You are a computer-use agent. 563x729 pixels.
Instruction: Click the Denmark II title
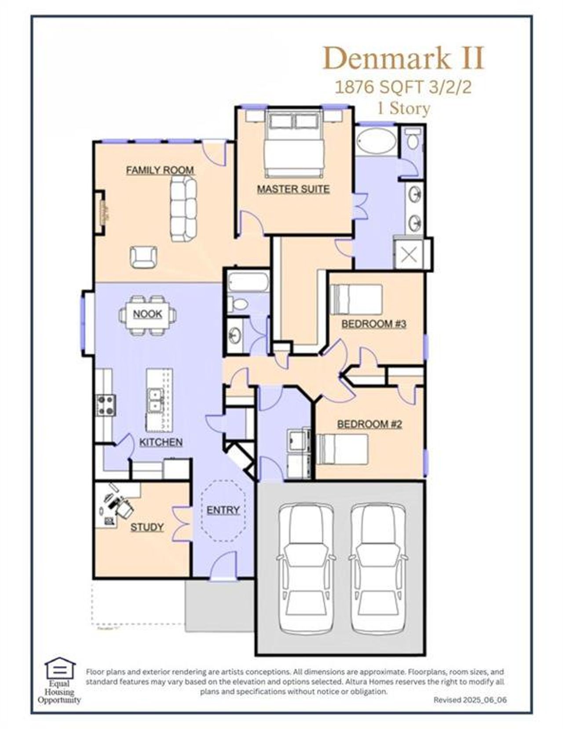pyautogui.click(x=403, y=58)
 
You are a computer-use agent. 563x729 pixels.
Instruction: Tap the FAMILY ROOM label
pyautogui.click(x=160, y=170)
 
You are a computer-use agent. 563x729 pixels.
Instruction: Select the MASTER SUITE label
pyautogui.click(x=293, y=189)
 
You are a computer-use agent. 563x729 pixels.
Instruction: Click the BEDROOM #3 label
pyautogui.click(x=373, y=324)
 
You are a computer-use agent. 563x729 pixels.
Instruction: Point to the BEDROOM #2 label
pyautogui.click(x=369, y=424)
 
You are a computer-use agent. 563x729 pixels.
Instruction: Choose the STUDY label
pyautogui.click(x=147, y=527)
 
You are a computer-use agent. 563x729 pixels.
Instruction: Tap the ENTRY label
pyautogui.click(x=223, y=510)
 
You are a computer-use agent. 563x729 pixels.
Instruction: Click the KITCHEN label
pyautogui.click(x=161, y=442)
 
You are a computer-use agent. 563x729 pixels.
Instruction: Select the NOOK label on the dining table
pyautogui.click(x=147, y=314)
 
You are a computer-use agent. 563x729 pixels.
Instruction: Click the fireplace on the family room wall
pyautogui.click(x=103, y=213)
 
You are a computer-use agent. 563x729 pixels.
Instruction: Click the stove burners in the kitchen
pyautogui.click(x=106, y=405)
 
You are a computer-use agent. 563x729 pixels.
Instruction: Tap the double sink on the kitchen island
pyautogui.click(x=155, y=400)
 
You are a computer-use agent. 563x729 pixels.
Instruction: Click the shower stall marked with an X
pyautogui.click(x=409, y=255)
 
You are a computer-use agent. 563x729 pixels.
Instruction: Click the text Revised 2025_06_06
pyautogui.click(x=470, y=700)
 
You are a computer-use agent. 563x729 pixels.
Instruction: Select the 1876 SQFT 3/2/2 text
pyautogui.click(x=403, y=87)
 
